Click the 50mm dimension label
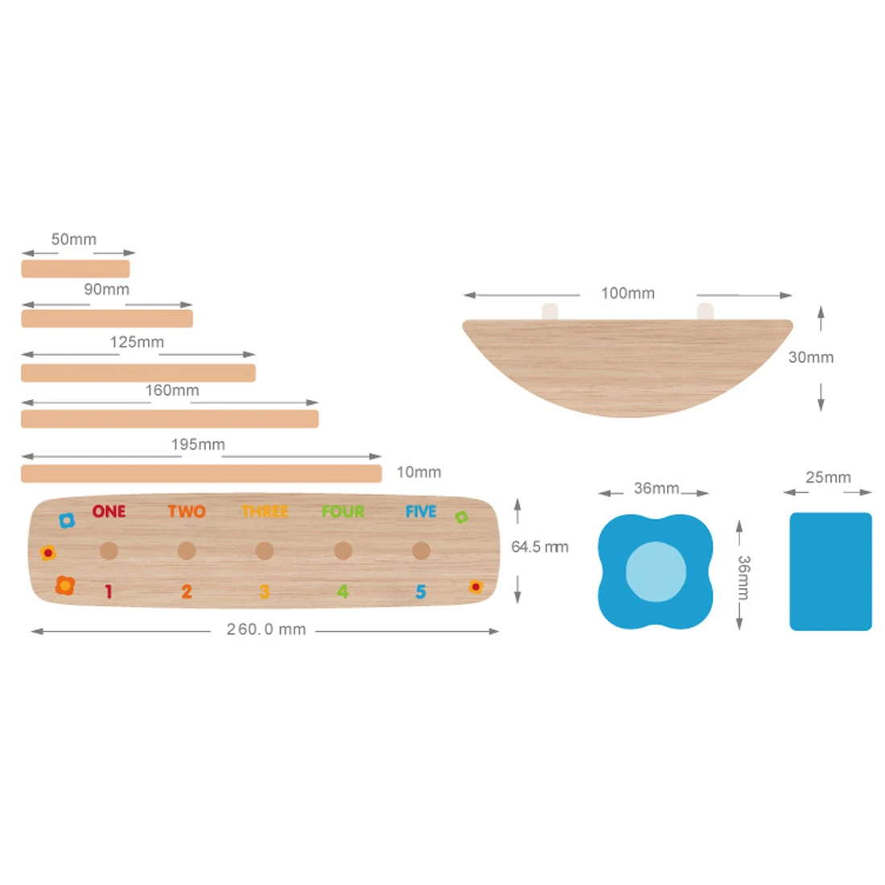click(x=74, y=239)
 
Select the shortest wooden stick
click(x=76, y=269)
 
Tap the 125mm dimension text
click(x=137, y=342)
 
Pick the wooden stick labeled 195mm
click(x=201, y=474)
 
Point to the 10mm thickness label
click(x=419, y=471)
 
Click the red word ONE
click(x=109, y=512)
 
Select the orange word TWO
click(x=187, y=512)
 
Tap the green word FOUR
click(x=343, y=512)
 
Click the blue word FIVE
click(x=421, y=512)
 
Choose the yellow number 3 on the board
click(x=265, y=591)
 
